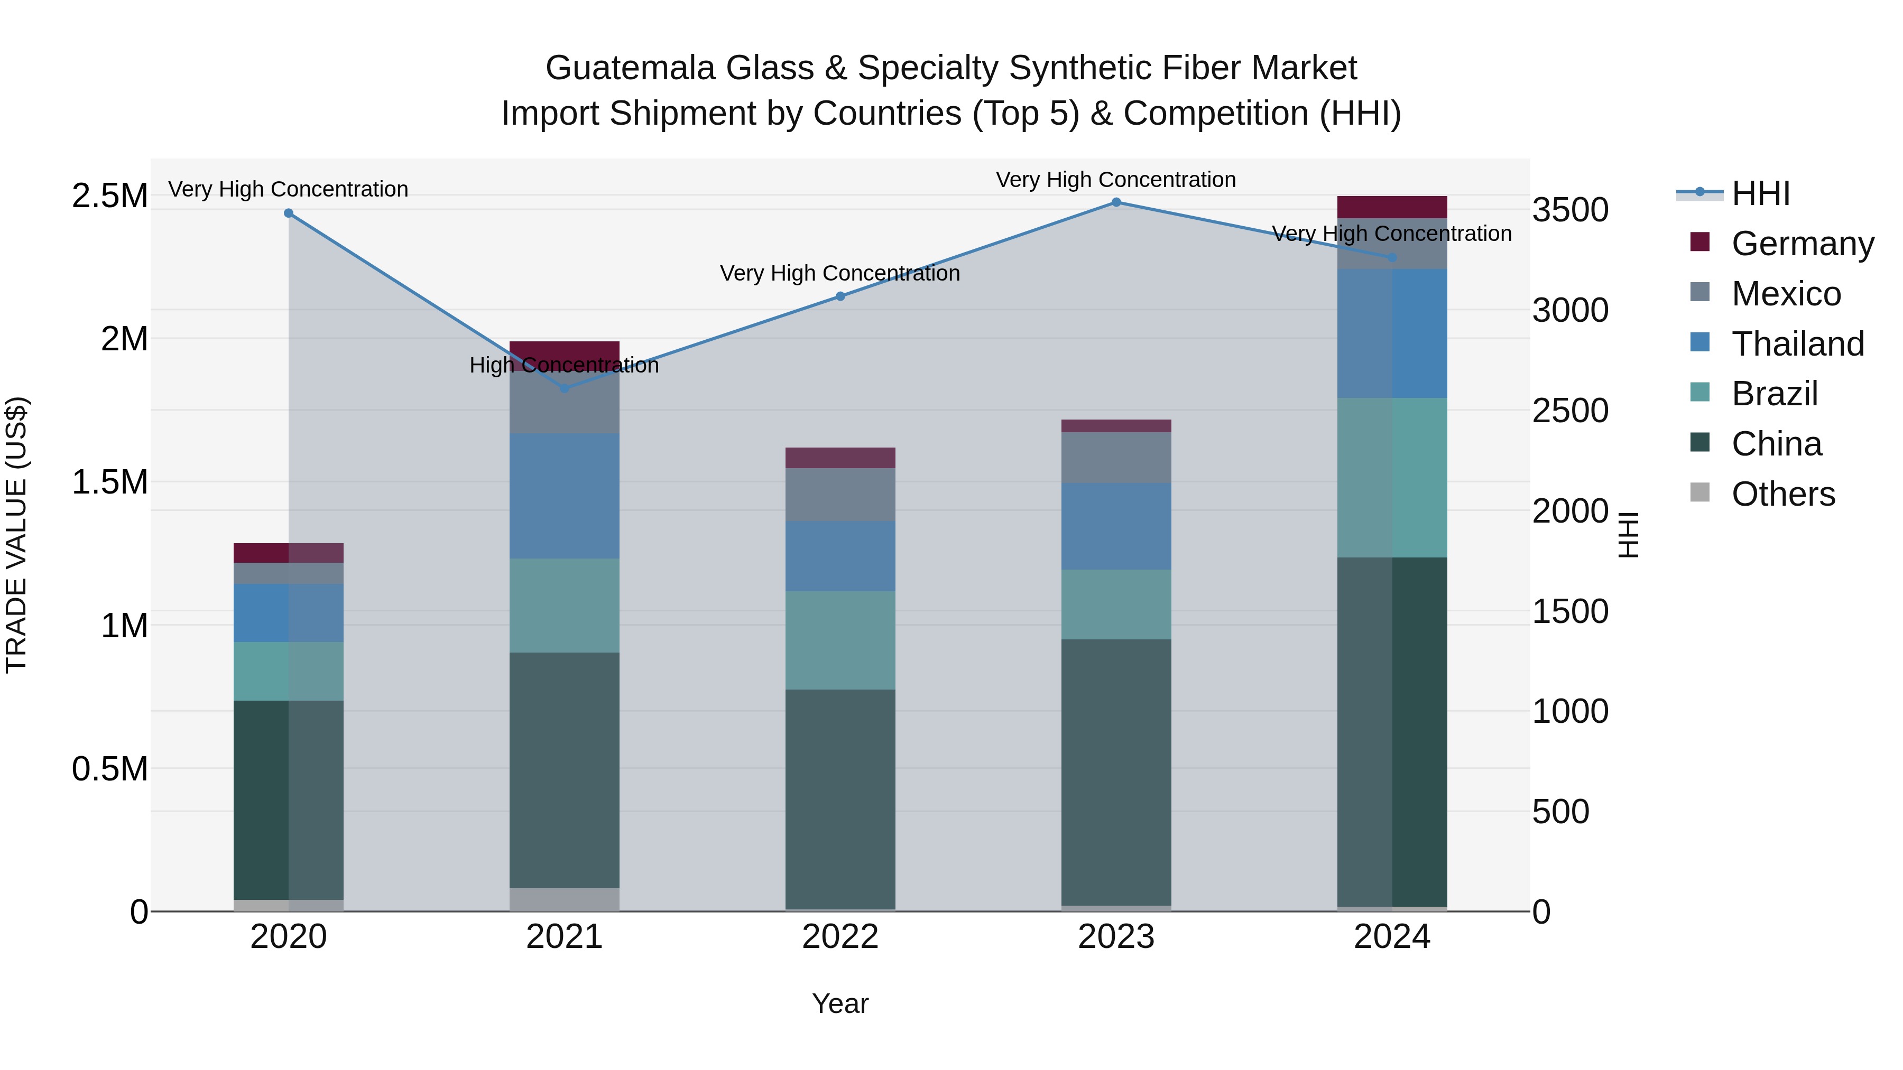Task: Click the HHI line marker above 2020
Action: point(289,213)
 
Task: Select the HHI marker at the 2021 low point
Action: point(565,388)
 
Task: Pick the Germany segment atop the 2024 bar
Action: point(1392,207)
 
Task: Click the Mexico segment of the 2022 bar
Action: point(840,495)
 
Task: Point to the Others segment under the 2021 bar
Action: point(565,899)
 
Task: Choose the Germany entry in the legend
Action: point(1802,244)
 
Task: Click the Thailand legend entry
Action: point(1797,344)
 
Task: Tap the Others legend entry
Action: point(1782,494)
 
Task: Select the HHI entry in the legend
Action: point(1760,193)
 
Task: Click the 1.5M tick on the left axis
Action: point(109,482)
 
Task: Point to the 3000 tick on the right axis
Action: point(1570,310)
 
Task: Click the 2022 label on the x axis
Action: point(840,937)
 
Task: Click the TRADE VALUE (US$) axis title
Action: point(16,535)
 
